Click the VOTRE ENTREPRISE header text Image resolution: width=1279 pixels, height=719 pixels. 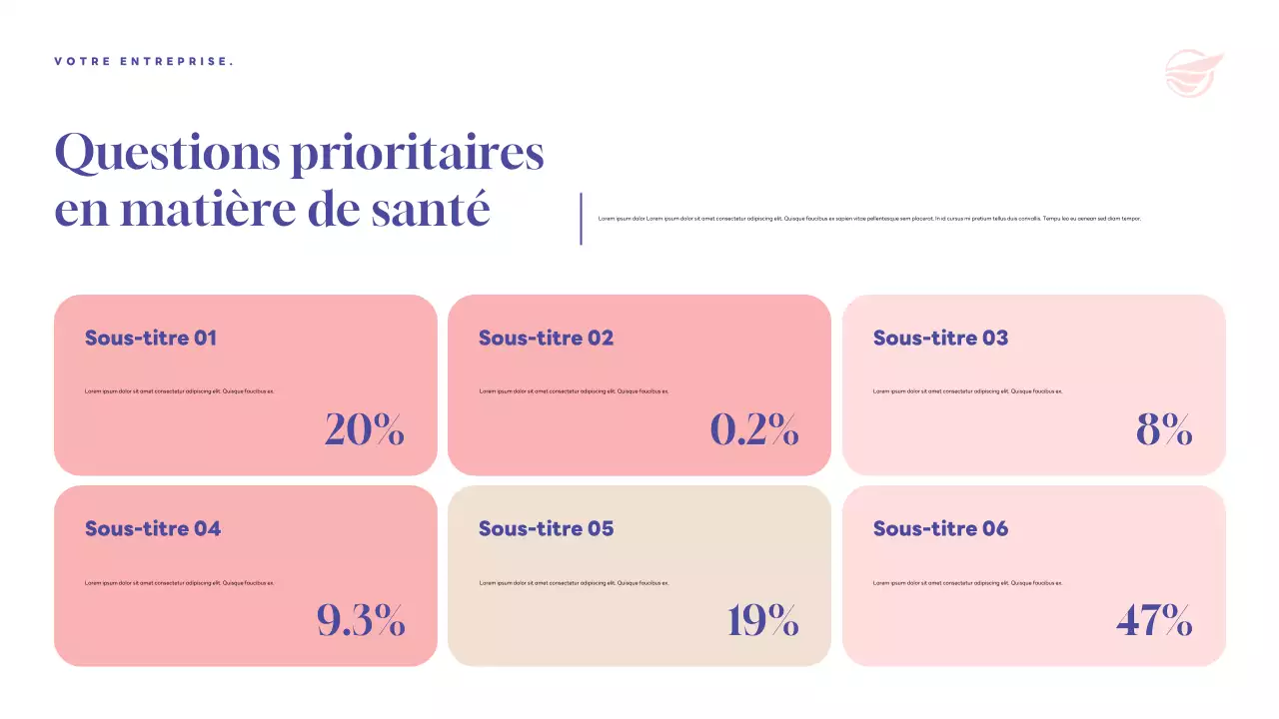(144, 62)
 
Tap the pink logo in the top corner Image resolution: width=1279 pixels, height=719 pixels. (1193, 74)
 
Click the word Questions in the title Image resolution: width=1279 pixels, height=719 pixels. (166, 154)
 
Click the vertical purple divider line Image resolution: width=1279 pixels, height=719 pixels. (581, 219)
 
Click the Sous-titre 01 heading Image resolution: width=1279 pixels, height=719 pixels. (151, 338)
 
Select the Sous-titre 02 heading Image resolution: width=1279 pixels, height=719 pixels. (546, 338)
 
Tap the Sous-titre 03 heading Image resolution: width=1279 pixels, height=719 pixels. (940, 338)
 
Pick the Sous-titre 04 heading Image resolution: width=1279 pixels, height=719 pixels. (153, 528)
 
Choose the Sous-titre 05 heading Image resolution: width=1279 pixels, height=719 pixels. (546, 528)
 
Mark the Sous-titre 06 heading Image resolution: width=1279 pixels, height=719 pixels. (940, 528)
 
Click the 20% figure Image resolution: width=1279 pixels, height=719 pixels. (365, 429)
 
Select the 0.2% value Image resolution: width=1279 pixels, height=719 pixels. (754, 429)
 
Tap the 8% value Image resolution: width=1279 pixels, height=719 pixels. (1164, 429)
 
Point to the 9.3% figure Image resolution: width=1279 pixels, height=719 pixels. (361, 621)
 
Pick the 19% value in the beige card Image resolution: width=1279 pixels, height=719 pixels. (762, 621)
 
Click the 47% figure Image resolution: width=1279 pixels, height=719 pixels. (1154, 621)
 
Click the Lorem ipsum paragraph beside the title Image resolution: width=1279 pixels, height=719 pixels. (869, 218)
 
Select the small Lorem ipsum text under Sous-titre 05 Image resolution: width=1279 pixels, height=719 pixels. (574, 583)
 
